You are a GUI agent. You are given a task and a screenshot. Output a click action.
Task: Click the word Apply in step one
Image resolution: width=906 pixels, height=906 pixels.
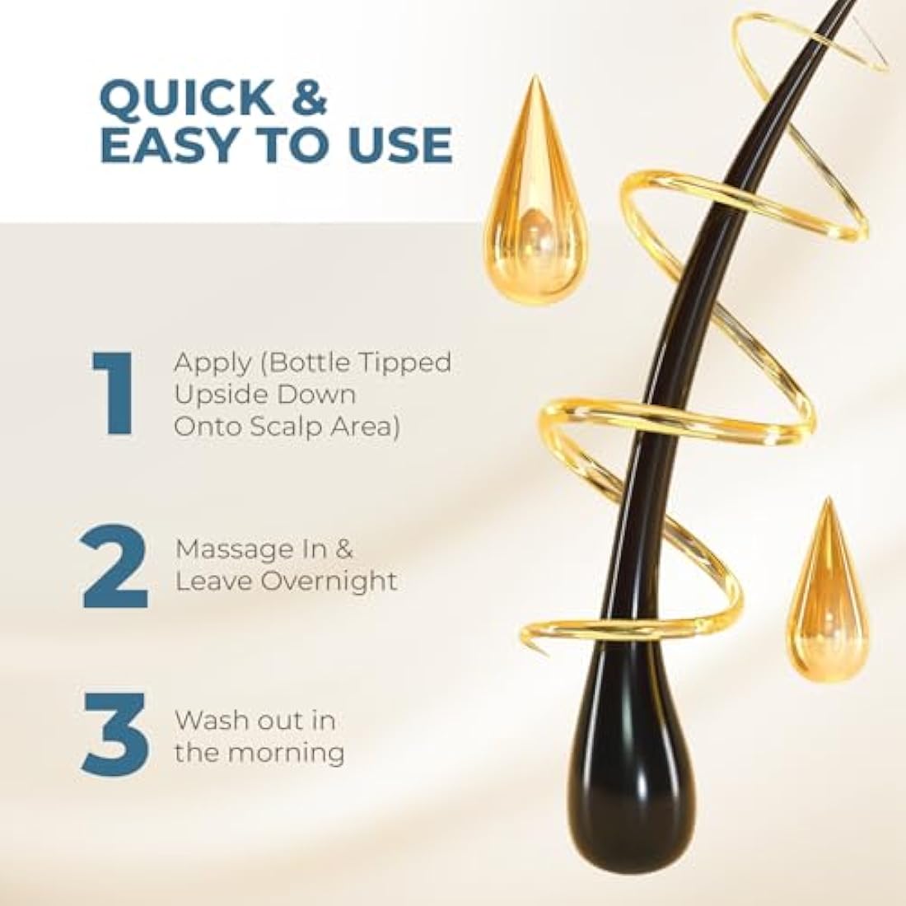pos(204,363)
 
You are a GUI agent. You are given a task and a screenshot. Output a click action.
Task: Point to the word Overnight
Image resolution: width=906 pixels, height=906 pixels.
pos(329,581)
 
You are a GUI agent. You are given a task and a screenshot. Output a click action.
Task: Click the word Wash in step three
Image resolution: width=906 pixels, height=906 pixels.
pos(203,719)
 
